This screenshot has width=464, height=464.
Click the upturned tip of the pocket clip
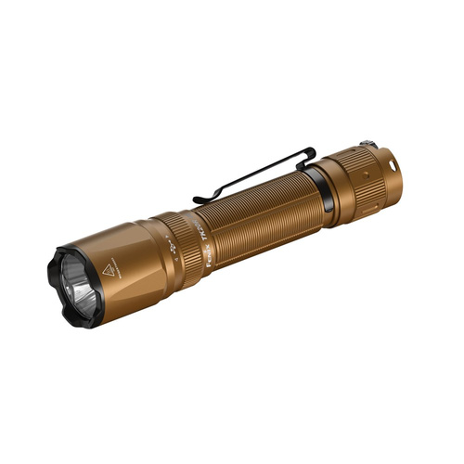tap(199, 200)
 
